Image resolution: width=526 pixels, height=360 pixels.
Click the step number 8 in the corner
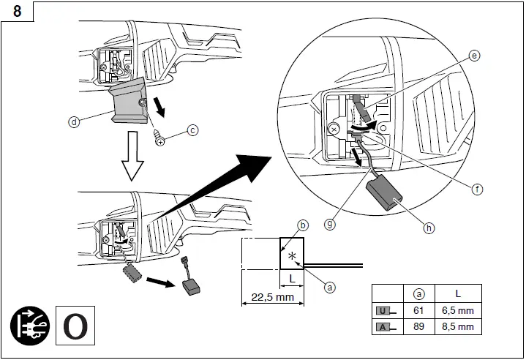coord(16,10)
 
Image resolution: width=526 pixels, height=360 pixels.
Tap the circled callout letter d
coord(74,122)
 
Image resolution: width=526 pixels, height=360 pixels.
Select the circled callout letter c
coord(192,130)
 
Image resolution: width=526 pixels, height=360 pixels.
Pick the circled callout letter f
coord(477,189)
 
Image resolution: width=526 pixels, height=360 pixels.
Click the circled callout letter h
coord(429,228)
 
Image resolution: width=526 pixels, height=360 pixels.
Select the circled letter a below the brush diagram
coord(329,288)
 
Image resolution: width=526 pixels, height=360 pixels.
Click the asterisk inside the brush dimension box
coord(293,256)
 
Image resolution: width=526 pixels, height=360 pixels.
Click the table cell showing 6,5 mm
coord(459,310)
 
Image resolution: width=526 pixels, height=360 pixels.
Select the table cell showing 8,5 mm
coord(459,326)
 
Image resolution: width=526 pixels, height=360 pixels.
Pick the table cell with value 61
coord(419,310)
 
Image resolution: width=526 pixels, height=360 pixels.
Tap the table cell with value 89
coord(419,326)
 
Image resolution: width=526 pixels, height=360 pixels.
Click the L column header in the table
coord(458,293)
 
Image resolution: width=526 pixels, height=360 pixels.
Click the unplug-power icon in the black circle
coord(30,325)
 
